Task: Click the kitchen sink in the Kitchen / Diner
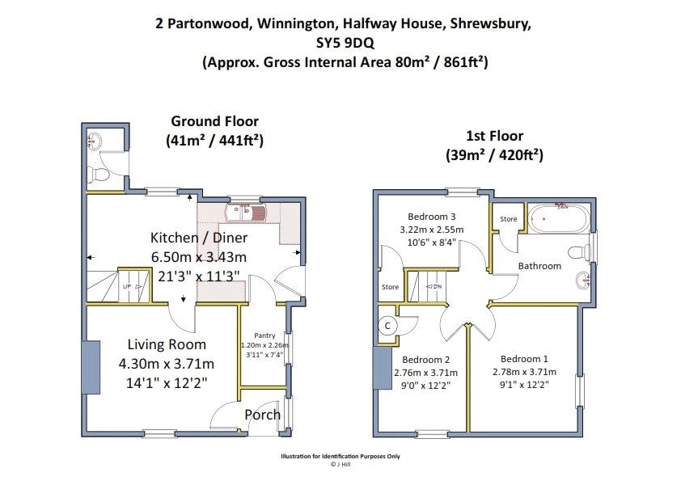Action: [246, 213]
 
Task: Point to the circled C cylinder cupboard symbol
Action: [388, 326]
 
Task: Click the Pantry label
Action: [264, 335]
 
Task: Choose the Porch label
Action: [262, 415]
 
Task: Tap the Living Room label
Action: [167, 344]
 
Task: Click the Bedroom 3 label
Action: [432, 216]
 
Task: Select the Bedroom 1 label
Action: [524, 359]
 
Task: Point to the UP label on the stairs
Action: [127, 286]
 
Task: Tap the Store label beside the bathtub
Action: [508, 219]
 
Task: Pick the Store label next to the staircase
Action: [390, 286]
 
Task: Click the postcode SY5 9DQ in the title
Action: [345, 43]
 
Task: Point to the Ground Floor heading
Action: [214, 121]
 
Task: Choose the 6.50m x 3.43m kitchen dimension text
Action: [199, 257]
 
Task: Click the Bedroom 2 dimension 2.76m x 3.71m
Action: [425, 373]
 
